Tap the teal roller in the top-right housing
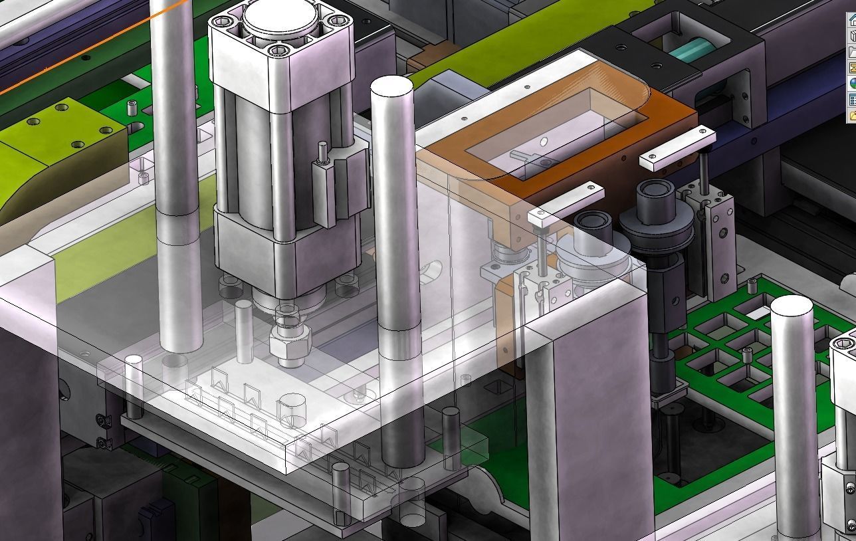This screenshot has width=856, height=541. (x=691, y=49)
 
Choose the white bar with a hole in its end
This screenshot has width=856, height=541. (x=565, y=202)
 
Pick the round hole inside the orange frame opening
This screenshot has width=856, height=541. (x=544, y=141)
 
